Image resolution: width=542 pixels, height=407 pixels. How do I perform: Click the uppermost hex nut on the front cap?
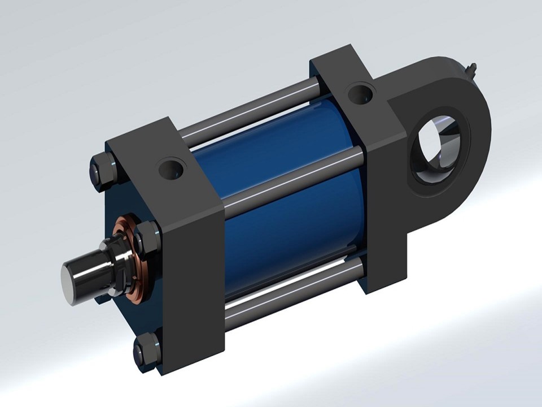[x=102, y=169]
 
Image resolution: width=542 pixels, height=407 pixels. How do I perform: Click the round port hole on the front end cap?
[x=171, y=168]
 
